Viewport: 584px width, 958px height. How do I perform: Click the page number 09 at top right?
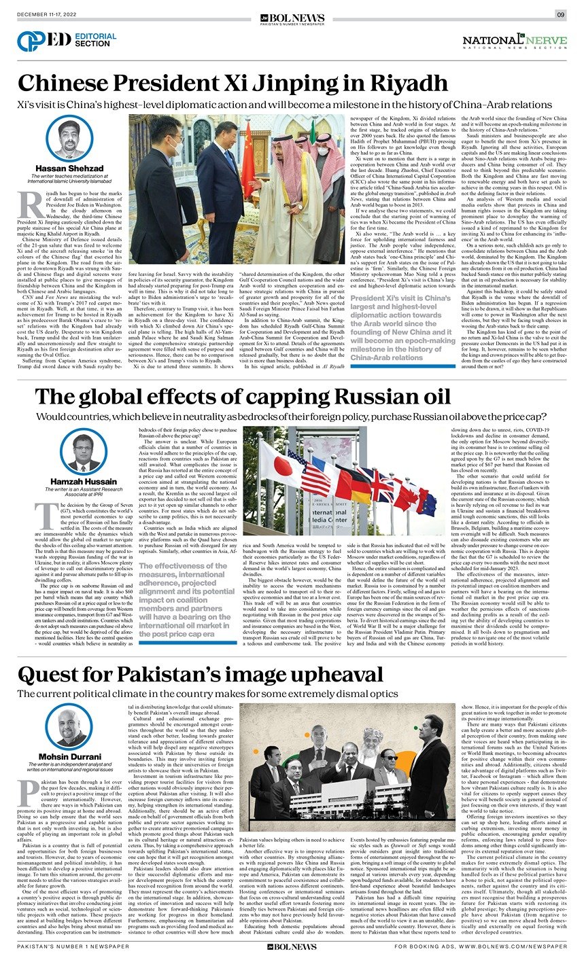point(561,14)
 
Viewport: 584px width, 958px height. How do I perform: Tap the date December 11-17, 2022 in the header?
point(46,14)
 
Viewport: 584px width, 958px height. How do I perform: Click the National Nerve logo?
point(514,42)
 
